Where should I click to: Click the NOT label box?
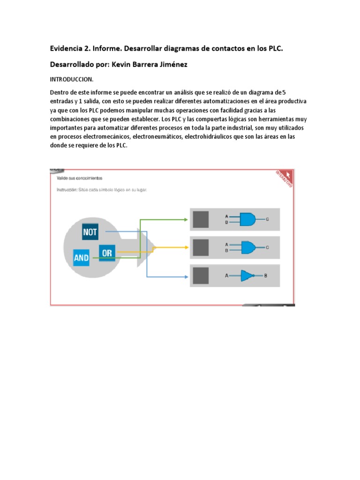90,232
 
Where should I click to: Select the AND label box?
81,258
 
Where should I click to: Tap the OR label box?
107,253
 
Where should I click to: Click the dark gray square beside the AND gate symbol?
201,219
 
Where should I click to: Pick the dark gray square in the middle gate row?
201,247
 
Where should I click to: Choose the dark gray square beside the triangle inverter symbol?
201,276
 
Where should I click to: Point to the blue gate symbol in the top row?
248,219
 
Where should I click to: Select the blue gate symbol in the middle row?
248,247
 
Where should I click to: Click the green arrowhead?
187,219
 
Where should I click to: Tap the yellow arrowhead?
187,247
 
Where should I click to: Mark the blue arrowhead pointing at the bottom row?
187,276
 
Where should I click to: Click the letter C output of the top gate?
267,219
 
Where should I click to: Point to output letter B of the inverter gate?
265,276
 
